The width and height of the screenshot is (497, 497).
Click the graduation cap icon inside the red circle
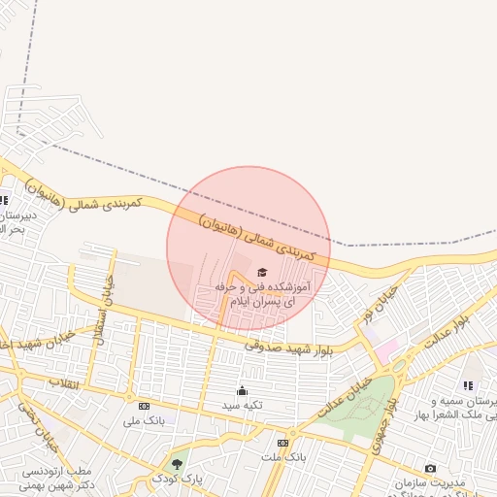[261, 272]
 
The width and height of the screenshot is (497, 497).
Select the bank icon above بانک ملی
[144, 406]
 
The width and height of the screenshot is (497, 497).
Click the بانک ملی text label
[142, 420]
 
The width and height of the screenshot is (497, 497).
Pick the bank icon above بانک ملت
[282, 442]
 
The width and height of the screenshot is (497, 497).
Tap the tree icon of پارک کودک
[176, 464]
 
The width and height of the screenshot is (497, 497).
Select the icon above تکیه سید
[241, 389]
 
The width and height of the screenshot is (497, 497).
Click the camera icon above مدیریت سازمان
[430, 469]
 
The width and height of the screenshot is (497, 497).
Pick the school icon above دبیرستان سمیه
[468, 385]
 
